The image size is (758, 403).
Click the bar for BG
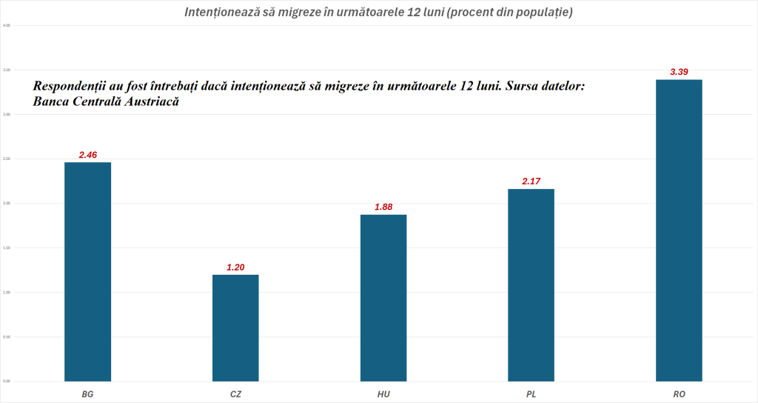point(87,271)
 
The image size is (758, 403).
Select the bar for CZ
point(235,327)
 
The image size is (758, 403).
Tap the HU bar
point(383,298)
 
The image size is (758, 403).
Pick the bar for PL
point(531,285)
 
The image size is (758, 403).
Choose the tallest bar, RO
point(679,230)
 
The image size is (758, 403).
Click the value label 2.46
point(88,155)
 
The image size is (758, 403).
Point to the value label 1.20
point(235,267)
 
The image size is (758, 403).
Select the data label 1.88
point(383,207)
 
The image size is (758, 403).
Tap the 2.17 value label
point(531,181)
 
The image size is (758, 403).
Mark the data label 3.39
point(679,72)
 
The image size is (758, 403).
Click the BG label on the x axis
point(87,393)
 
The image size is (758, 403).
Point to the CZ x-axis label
point(235,393)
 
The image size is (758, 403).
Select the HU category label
point(383,393)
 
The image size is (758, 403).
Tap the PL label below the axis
point(531,393)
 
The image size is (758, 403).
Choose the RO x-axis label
point(679,393)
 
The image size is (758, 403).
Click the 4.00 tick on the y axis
point(7,25)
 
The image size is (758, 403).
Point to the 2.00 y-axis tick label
point(7,203)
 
